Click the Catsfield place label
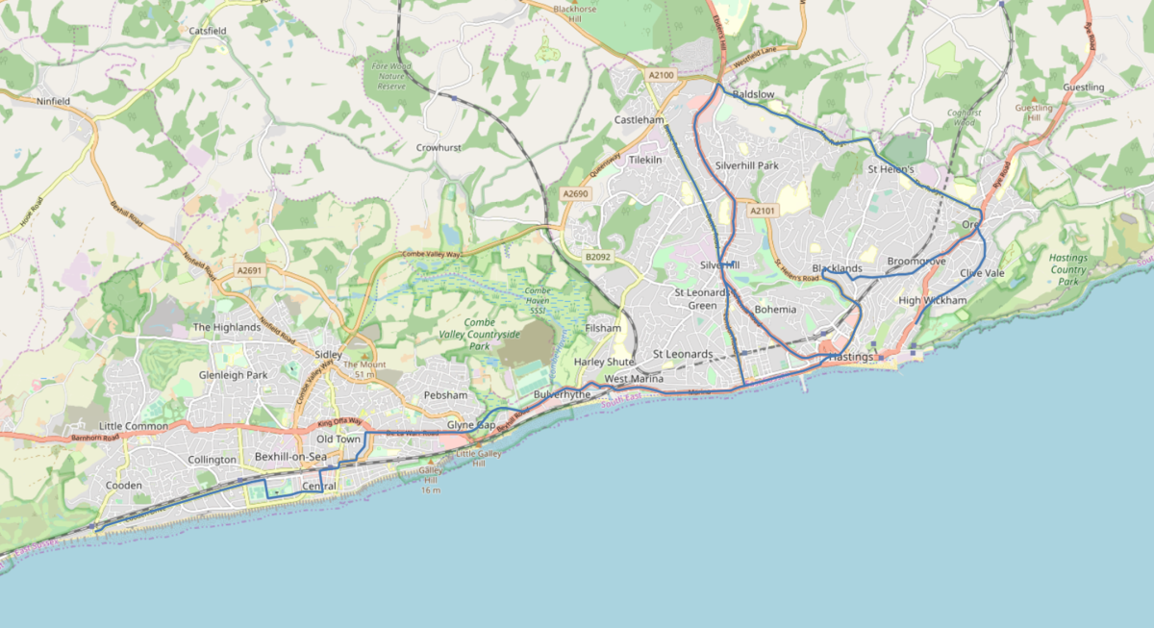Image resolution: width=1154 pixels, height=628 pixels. point(208,31)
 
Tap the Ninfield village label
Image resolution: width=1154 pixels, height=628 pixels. point(54,100)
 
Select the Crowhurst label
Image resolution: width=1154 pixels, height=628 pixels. point(439,148)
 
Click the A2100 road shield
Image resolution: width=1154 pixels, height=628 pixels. point(662,75)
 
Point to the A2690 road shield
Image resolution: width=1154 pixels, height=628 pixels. point(575,193)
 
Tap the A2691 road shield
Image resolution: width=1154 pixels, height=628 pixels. point(249,271)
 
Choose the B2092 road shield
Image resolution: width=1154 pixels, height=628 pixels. point(598,257)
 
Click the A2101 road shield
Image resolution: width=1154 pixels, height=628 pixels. point(763,210)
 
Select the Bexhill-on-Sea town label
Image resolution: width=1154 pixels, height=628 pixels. point(291,456)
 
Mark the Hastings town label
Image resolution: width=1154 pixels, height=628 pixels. point(849,357)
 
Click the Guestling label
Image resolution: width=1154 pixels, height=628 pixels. point(1084,88)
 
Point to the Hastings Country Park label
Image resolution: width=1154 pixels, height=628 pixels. point(1068,269)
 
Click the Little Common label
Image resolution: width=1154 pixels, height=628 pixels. point(133,426)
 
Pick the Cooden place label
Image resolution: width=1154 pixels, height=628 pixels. point(123,486)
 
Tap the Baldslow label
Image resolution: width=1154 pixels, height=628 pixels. point(753,95)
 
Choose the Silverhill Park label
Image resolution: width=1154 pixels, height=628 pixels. point(747,165)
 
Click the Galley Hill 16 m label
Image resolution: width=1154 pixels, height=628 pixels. point(430,480)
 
